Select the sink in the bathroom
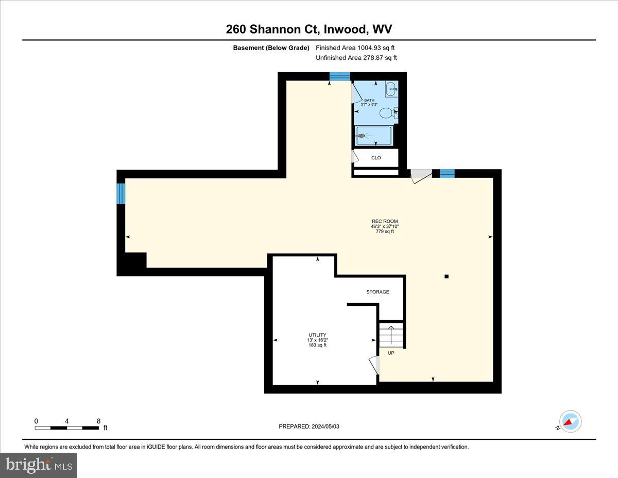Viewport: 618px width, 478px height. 391,89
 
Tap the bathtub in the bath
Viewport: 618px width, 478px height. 373,136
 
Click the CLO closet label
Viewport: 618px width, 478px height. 376,158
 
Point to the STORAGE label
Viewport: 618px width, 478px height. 377,292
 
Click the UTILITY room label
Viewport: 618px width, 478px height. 317,335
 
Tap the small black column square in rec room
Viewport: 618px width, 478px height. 447,276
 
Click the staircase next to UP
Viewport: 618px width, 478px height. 391,336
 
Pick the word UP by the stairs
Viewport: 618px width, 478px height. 391,353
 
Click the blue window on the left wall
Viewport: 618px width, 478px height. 121,193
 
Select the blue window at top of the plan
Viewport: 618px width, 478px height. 339,77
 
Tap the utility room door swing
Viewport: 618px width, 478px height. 375,365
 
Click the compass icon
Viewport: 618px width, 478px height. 570,422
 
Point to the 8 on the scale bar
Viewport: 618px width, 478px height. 98,421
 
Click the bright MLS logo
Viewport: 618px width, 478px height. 39,465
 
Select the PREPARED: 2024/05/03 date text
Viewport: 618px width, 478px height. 308,426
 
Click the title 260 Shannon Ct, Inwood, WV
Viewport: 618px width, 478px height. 309,29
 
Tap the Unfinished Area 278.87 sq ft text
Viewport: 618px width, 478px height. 356,58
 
